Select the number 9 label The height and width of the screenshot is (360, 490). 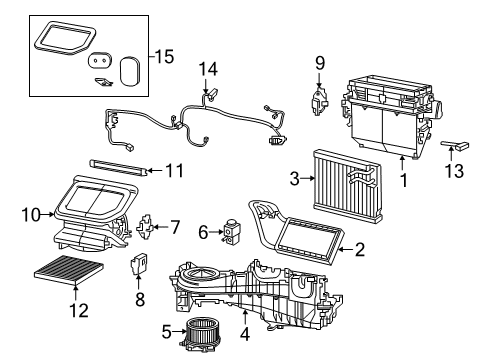click(319, 63)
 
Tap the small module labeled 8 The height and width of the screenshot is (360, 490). click(139, 267)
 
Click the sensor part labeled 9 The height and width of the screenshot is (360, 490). click(320, 99)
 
